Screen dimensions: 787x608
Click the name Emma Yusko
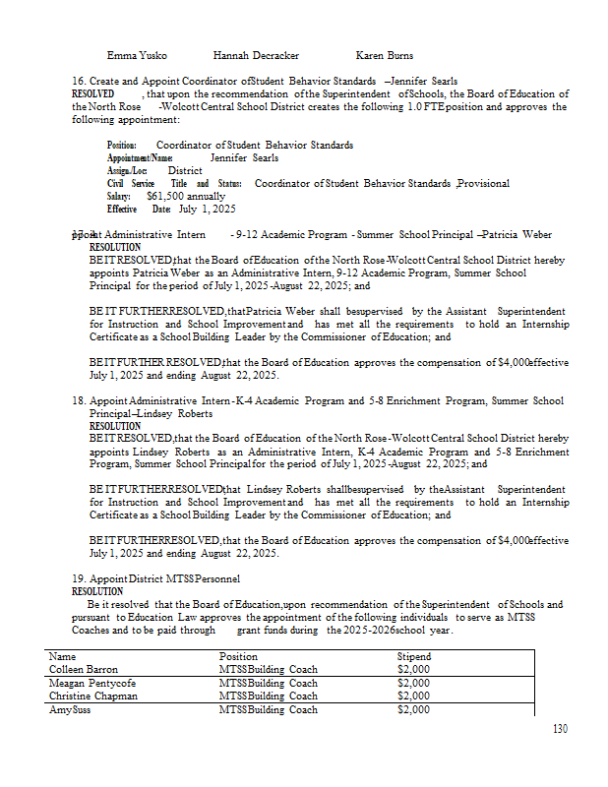137,56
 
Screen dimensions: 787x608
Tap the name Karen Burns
385,56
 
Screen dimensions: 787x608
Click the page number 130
561,729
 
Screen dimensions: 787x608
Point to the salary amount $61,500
167,196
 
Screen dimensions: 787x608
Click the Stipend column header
413,656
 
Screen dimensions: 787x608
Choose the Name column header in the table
62,656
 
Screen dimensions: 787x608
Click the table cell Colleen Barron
84,669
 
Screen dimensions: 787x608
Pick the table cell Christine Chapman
93,696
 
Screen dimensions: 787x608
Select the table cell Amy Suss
70,709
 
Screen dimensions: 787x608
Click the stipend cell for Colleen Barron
413,669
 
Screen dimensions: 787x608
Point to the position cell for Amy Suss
268,709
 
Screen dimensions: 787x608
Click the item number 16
79,81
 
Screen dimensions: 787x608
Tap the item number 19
79,578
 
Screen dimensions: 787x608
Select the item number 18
79,401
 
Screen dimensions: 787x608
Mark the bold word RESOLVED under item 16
93,93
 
